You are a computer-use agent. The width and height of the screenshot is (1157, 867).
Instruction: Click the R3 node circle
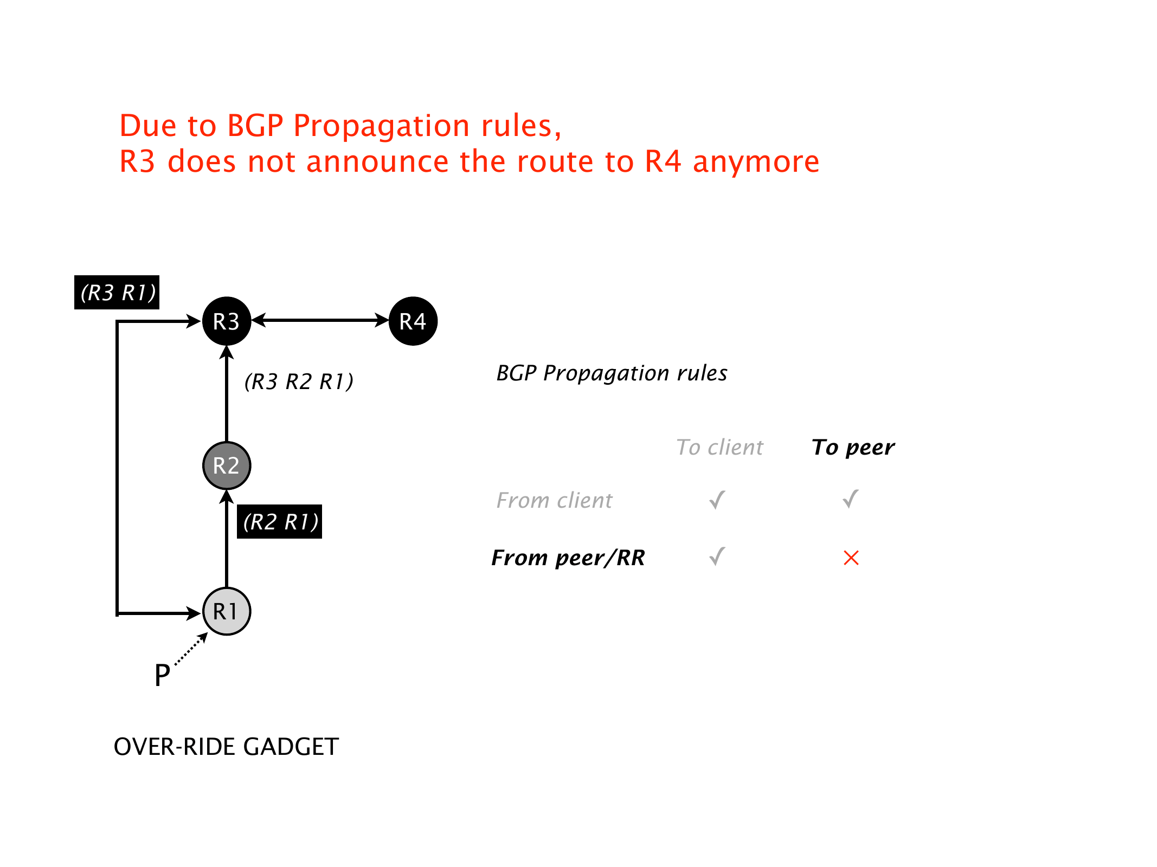pos(227,321)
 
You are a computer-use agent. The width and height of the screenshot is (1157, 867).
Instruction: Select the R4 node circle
pos(413,321)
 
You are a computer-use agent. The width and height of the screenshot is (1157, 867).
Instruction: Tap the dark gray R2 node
pos(227,465)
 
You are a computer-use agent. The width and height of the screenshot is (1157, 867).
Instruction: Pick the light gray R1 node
pos(227,611)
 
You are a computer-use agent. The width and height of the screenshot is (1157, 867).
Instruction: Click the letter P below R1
pos(162,676)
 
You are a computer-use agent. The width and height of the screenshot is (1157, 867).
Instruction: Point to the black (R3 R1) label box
pos(117,293)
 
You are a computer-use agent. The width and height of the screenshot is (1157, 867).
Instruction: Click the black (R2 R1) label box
pos(280,522)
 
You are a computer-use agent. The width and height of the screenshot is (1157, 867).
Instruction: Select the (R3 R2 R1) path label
pos(299,381)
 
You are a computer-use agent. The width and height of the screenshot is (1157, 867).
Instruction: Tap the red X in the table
pos(851,558)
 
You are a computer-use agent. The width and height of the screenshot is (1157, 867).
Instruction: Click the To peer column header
pos(853,447)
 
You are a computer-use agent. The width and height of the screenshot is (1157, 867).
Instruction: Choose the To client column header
pos(719,447)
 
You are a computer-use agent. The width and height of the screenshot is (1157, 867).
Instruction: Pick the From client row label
pos(554,500)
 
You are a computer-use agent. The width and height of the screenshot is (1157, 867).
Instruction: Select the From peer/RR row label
pos(568,558)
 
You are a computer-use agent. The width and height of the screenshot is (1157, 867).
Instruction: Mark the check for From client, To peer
pos(851,499)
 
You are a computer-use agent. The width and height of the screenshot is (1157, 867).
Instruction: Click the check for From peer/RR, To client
pos(717,557)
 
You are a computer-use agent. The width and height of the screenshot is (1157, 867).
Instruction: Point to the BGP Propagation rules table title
pos(612,373)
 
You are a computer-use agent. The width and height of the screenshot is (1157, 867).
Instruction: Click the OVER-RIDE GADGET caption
pos(226,747)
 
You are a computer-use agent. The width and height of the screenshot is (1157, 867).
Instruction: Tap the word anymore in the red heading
pos(756,161)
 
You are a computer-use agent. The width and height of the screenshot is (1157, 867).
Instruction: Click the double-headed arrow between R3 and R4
pos(320,320)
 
